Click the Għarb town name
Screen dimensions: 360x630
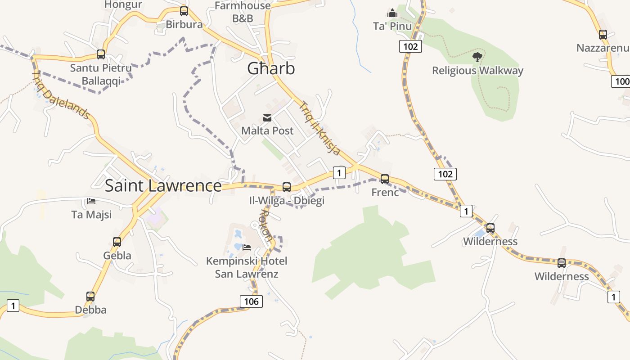271,68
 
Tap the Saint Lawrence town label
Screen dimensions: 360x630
163,185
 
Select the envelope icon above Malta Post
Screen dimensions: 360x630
267,118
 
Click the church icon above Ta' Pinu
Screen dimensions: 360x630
392,13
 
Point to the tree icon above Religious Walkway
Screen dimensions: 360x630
477,57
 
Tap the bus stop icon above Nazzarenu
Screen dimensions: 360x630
603,34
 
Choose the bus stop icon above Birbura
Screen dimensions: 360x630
184,11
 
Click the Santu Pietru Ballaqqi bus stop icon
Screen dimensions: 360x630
101,54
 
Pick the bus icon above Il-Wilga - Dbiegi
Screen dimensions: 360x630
286,187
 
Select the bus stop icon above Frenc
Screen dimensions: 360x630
384,179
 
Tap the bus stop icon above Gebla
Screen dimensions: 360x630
117,242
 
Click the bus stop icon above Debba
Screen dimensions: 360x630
90,297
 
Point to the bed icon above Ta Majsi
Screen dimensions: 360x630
91,201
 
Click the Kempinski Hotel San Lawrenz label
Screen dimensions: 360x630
246,267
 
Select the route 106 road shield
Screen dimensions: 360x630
251,301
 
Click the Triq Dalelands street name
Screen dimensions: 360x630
61,95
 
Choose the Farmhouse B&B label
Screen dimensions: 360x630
243,12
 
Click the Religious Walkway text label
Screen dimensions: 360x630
477,71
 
